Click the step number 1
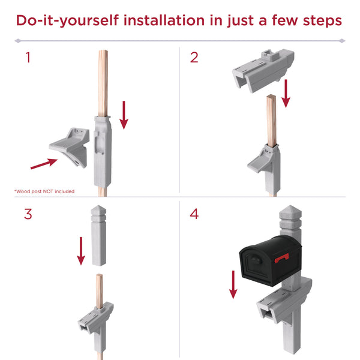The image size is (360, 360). tap(28, 58)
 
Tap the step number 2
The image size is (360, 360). tap(194, 58)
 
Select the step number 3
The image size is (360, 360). tap(28, 214)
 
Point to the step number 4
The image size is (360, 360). tap(194, 214)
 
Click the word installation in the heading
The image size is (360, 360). tap(164, 20)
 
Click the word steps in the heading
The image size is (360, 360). tap(322, 21)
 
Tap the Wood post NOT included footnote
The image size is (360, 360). tap(44, 191)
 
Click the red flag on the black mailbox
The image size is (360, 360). tap(281, 258)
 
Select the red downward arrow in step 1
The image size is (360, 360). tap(124, 115)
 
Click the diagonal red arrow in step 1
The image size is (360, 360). tap(44, 164)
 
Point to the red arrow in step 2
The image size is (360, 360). tap(286, 94)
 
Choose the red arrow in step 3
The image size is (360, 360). tap(81, 251)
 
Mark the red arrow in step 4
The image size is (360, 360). tap(233, 284)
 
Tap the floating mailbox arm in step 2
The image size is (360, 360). tap(263, 70)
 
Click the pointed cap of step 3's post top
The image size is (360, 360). tap(98, 210)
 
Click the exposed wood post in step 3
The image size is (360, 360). tap(100, 291)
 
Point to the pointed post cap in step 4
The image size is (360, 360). tap(290, 211)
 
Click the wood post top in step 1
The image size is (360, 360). tap(103, 83)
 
